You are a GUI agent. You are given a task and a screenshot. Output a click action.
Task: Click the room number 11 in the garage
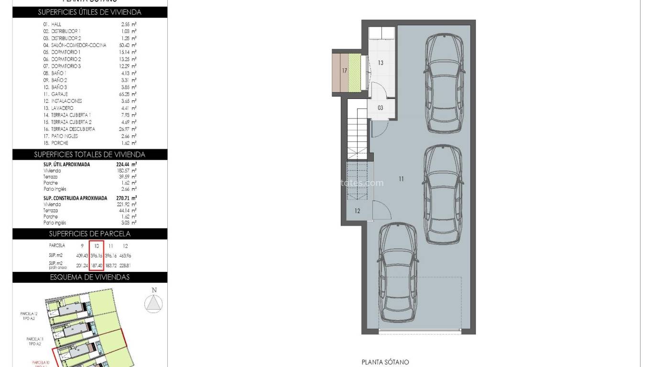[401, 179]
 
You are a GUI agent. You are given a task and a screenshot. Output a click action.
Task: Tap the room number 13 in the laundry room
[381, 63]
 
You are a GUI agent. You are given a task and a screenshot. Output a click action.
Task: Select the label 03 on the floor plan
[381, 108]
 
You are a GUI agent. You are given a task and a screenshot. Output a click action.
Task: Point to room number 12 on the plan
[357, 211]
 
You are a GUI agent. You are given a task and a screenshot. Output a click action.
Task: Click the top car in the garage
[445, 84]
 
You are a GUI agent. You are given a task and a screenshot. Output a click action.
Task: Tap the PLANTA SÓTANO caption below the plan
[385, 362]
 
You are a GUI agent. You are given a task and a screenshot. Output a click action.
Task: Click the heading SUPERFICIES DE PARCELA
[90, 234]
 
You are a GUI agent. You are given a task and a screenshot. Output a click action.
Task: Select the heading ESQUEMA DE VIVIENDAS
[90, 277]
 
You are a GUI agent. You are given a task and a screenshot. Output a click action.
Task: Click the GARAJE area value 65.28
[127, 94]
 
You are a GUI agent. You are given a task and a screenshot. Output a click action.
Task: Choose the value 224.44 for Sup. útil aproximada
[125, 164]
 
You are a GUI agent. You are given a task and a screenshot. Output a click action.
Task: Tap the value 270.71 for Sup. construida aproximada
[126, 198]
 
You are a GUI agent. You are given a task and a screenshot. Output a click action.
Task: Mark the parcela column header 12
[125, 246]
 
